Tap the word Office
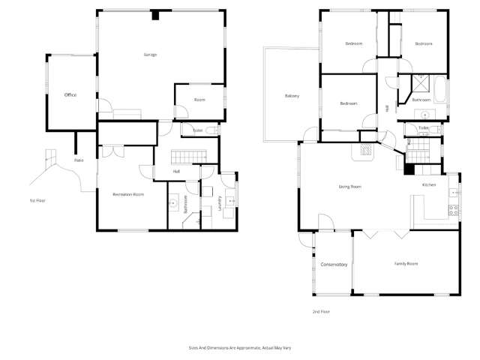[x=70, y=95]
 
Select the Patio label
[x=78, y=160]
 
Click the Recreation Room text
[x=128, y=193]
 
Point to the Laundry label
[x=219, y=203]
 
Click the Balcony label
[x=292, y=96]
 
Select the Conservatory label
[x=334, y=265]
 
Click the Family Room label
[x=406, y=264]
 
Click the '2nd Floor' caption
[x=321, y=310]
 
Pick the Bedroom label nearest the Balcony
[x=347, y=103]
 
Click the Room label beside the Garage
[x=199, y=100]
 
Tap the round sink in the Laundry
[x=230, y=201]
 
